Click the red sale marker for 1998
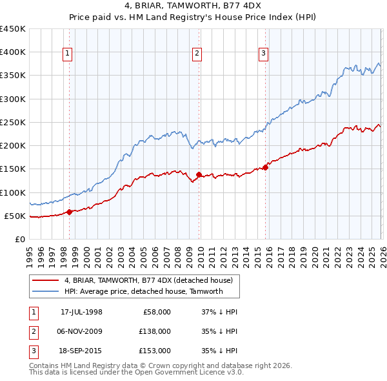pyautogui.click(x=69, y=212)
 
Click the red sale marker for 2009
pyautogui.click(x=199, y=174)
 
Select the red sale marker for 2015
pyautogui.click(x=265, y=167)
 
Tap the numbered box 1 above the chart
pyautogui.click(x=68, y=54)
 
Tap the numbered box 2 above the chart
pyautogui.click(x=197, y=54)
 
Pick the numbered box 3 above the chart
pyautogui.click(x=263, y=54)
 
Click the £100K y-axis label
pyautogui.click(x=13, y=192)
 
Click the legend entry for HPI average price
pyautogui.click(x=143, y=291)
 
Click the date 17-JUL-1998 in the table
pyautogui.click(x=81, y=312)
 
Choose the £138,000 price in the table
pyautogui.click(x=155, y=331)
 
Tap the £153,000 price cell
pyautogui.click(x=155, y=351)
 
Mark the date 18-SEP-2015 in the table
pyautogui.click(x=81, y=351)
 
